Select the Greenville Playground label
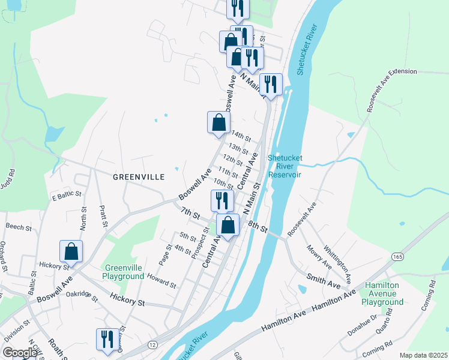coord(124,272)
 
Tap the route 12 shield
coord(152,344)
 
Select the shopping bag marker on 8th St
coord(228,226)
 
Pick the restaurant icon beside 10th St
coord(222,200)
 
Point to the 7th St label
coord(191,212)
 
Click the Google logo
coord(20,352)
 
